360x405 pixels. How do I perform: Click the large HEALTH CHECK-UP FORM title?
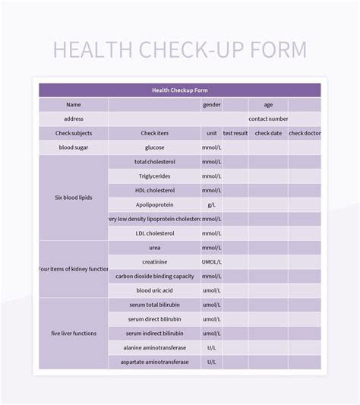click(180, 49)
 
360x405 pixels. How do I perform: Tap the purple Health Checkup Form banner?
click(180, 90)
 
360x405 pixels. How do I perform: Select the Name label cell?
click(74, 105)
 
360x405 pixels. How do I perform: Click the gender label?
click(211, 105)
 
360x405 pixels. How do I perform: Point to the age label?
click(268, 105)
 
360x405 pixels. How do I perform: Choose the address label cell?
click(74, 119)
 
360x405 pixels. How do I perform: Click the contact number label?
click(268, 119)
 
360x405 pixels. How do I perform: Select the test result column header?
click(235, 133)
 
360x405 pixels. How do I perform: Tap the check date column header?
click(268, 133)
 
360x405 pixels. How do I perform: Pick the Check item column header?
click(155, 133)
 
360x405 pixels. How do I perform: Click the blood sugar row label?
click(74, 147)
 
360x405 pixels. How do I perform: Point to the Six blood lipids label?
click(74, 198)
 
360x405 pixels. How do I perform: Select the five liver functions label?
click(74, 333)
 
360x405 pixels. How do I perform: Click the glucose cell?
click(155, 147)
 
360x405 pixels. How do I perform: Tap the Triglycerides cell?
click(155, 176)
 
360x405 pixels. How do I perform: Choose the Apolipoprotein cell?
click(155, 204)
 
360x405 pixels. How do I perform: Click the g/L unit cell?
click(211, 204)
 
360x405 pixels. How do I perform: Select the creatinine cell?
click(155, 261)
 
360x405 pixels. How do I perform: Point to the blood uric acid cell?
click(155, 290)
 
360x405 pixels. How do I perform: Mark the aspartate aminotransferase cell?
click(155, 362)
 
